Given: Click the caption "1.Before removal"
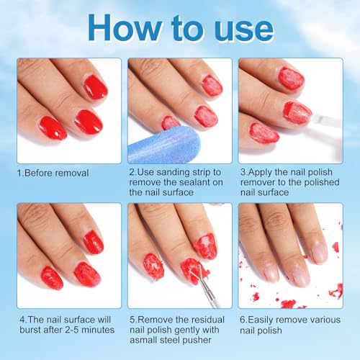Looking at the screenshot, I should pos(53,173).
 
